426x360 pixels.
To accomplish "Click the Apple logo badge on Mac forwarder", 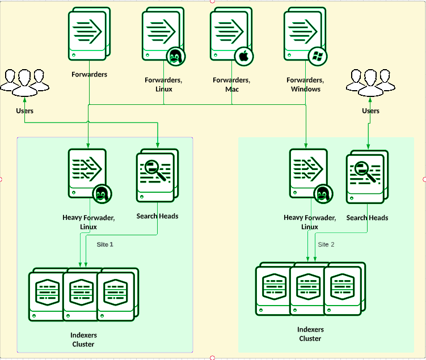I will coord(243,56).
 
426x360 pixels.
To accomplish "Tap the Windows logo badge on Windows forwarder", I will coord(317,56).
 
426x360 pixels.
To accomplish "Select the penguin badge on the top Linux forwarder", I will coord(175,56).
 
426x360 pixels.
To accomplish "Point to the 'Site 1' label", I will coord(105,244).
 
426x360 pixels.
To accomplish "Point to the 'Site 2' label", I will coord(326,244).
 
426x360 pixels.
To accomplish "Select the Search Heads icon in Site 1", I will coord(157,176).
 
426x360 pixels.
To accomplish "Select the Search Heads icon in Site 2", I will coord(367,177).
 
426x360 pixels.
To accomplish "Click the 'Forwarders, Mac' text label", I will coord(231,84).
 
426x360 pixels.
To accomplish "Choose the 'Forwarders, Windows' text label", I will coord(305,84).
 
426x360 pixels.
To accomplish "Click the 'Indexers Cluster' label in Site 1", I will coord(83,340).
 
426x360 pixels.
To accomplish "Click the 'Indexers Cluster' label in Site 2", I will coord(310,334).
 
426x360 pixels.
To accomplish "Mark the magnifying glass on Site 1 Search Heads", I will coord(155,169).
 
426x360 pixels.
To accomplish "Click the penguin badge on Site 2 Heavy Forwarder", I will coord(323,194).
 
